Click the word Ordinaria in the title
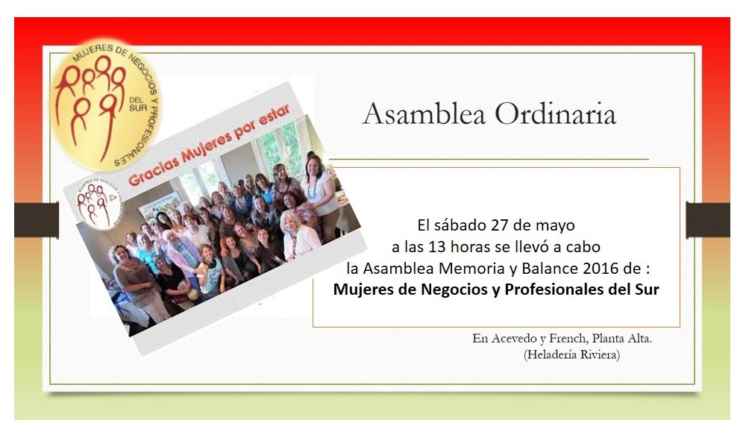tap(555, 113)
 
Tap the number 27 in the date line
tap(500, 225)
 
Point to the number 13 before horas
tap(437, 246)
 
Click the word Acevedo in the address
tap(514, 339)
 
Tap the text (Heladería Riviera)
tap(571, 354)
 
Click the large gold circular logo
tap(106, 104)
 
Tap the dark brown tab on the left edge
tap(37, 220)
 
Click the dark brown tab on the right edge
tap(708, 220)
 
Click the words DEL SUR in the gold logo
tap(138, 104)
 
